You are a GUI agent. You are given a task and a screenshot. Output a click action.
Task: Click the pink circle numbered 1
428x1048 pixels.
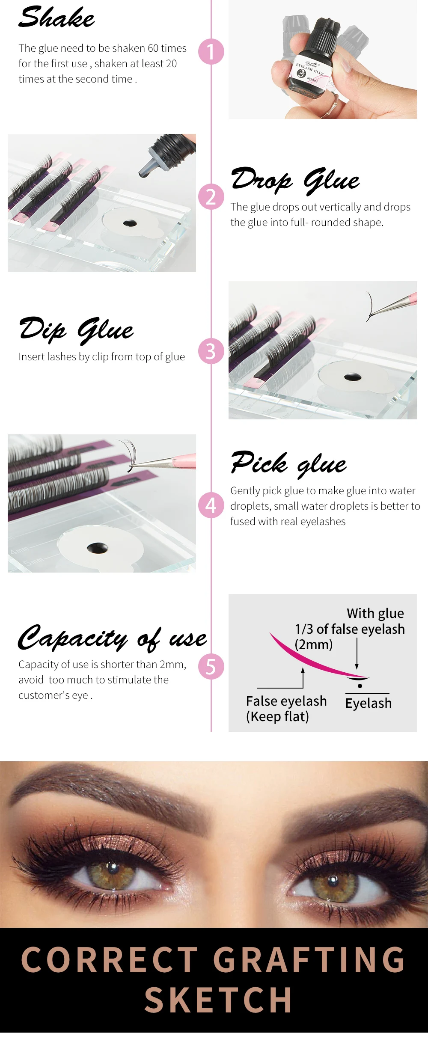point(211,52)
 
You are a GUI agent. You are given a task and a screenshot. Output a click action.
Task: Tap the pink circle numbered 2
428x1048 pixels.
point(211,197)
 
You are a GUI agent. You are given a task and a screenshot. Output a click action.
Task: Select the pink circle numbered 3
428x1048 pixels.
point(211,351)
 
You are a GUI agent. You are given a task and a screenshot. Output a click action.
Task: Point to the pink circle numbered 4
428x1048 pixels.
point(211,505)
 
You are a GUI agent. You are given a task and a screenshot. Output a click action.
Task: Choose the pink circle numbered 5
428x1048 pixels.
point(211,666)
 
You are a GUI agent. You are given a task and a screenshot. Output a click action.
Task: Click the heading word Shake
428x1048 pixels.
point(56,18)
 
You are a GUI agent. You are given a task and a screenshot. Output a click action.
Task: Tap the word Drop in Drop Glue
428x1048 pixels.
point(262,178)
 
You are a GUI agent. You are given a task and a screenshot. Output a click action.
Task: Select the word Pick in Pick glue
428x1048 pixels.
point(259,462)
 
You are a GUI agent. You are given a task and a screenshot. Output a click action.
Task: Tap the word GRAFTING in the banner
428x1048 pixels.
point(309,959)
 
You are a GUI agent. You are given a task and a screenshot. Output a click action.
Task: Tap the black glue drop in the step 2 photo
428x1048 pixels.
point(130,223)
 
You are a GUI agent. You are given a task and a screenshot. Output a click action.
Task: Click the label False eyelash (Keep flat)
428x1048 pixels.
point(286,709)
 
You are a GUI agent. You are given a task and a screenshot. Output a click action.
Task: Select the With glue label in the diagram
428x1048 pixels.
point(375,613)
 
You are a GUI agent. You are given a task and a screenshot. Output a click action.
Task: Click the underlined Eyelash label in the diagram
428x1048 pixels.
point(369,703)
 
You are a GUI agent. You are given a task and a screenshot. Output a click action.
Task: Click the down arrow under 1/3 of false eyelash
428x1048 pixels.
point(357,653)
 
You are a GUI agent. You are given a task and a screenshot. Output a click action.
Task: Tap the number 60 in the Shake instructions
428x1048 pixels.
point(153,48)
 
